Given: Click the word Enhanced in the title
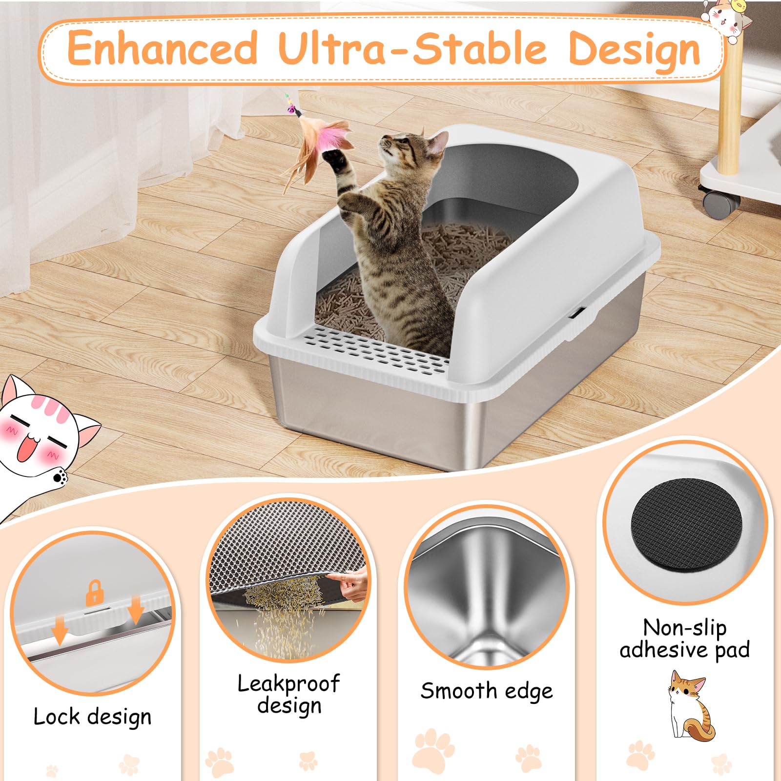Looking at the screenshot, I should tap(162, 48).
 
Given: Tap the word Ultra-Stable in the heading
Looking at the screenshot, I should tap(412, 48).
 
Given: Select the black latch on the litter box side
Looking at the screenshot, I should tap(578, 312).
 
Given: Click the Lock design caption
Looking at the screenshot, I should tap(92, 717).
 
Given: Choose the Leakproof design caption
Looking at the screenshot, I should tap(288, 694).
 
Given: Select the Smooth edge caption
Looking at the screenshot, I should tap(487, 691).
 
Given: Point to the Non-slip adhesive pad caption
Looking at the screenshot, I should tap(684, 638).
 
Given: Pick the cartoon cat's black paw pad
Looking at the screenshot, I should tap(60, 476).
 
